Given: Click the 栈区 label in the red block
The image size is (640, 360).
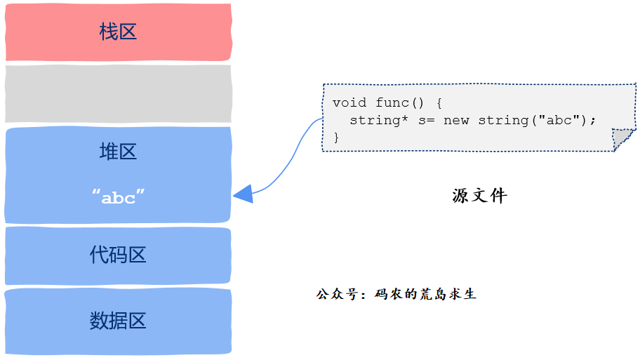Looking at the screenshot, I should click(118, 32).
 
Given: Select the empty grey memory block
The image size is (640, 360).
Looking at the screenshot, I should click(118, 93).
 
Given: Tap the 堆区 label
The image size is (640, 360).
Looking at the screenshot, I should click(118, 152).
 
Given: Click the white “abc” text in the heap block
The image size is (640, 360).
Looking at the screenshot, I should click(118, 197).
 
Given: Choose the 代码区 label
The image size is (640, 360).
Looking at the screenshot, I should click(118, 255).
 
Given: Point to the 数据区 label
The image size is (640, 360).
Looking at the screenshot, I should click(118, 321).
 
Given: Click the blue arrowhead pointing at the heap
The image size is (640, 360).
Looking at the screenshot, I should click(243, 194).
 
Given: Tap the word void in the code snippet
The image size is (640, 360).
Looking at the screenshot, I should click(349, 102).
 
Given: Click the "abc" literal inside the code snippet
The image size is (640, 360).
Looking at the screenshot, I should click(559, 120).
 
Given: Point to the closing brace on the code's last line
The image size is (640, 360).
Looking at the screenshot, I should click(336, 138).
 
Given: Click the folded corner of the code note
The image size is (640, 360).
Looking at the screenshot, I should click(622, 139).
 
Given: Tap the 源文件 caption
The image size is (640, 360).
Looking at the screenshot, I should click(479, 196).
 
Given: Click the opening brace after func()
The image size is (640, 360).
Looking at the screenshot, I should click(439, 102).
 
